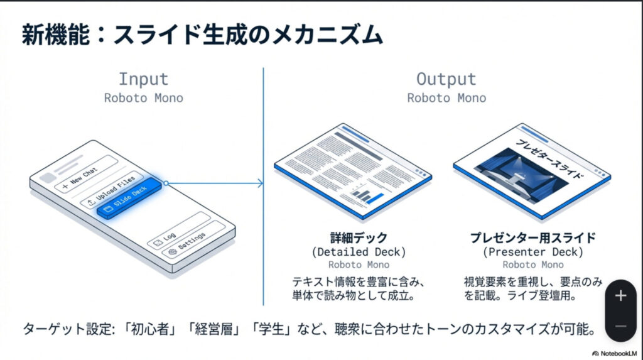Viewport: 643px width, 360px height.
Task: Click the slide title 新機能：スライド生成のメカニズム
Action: [202, 35]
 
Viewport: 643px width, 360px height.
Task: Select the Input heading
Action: [144, 79]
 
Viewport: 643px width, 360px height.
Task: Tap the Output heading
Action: [446, 79]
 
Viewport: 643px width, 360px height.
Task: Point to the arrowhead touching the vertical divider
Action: [259, 183]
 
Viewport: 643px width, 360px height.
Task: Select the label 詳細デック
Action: [359, 238]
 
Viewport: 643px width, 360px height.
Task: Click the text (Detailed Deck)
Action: [359, 252]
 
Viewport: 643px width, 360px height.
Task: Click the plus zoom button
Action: [620, 296]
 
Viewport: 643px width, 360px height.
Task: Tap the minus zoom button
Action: [620, 326]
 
